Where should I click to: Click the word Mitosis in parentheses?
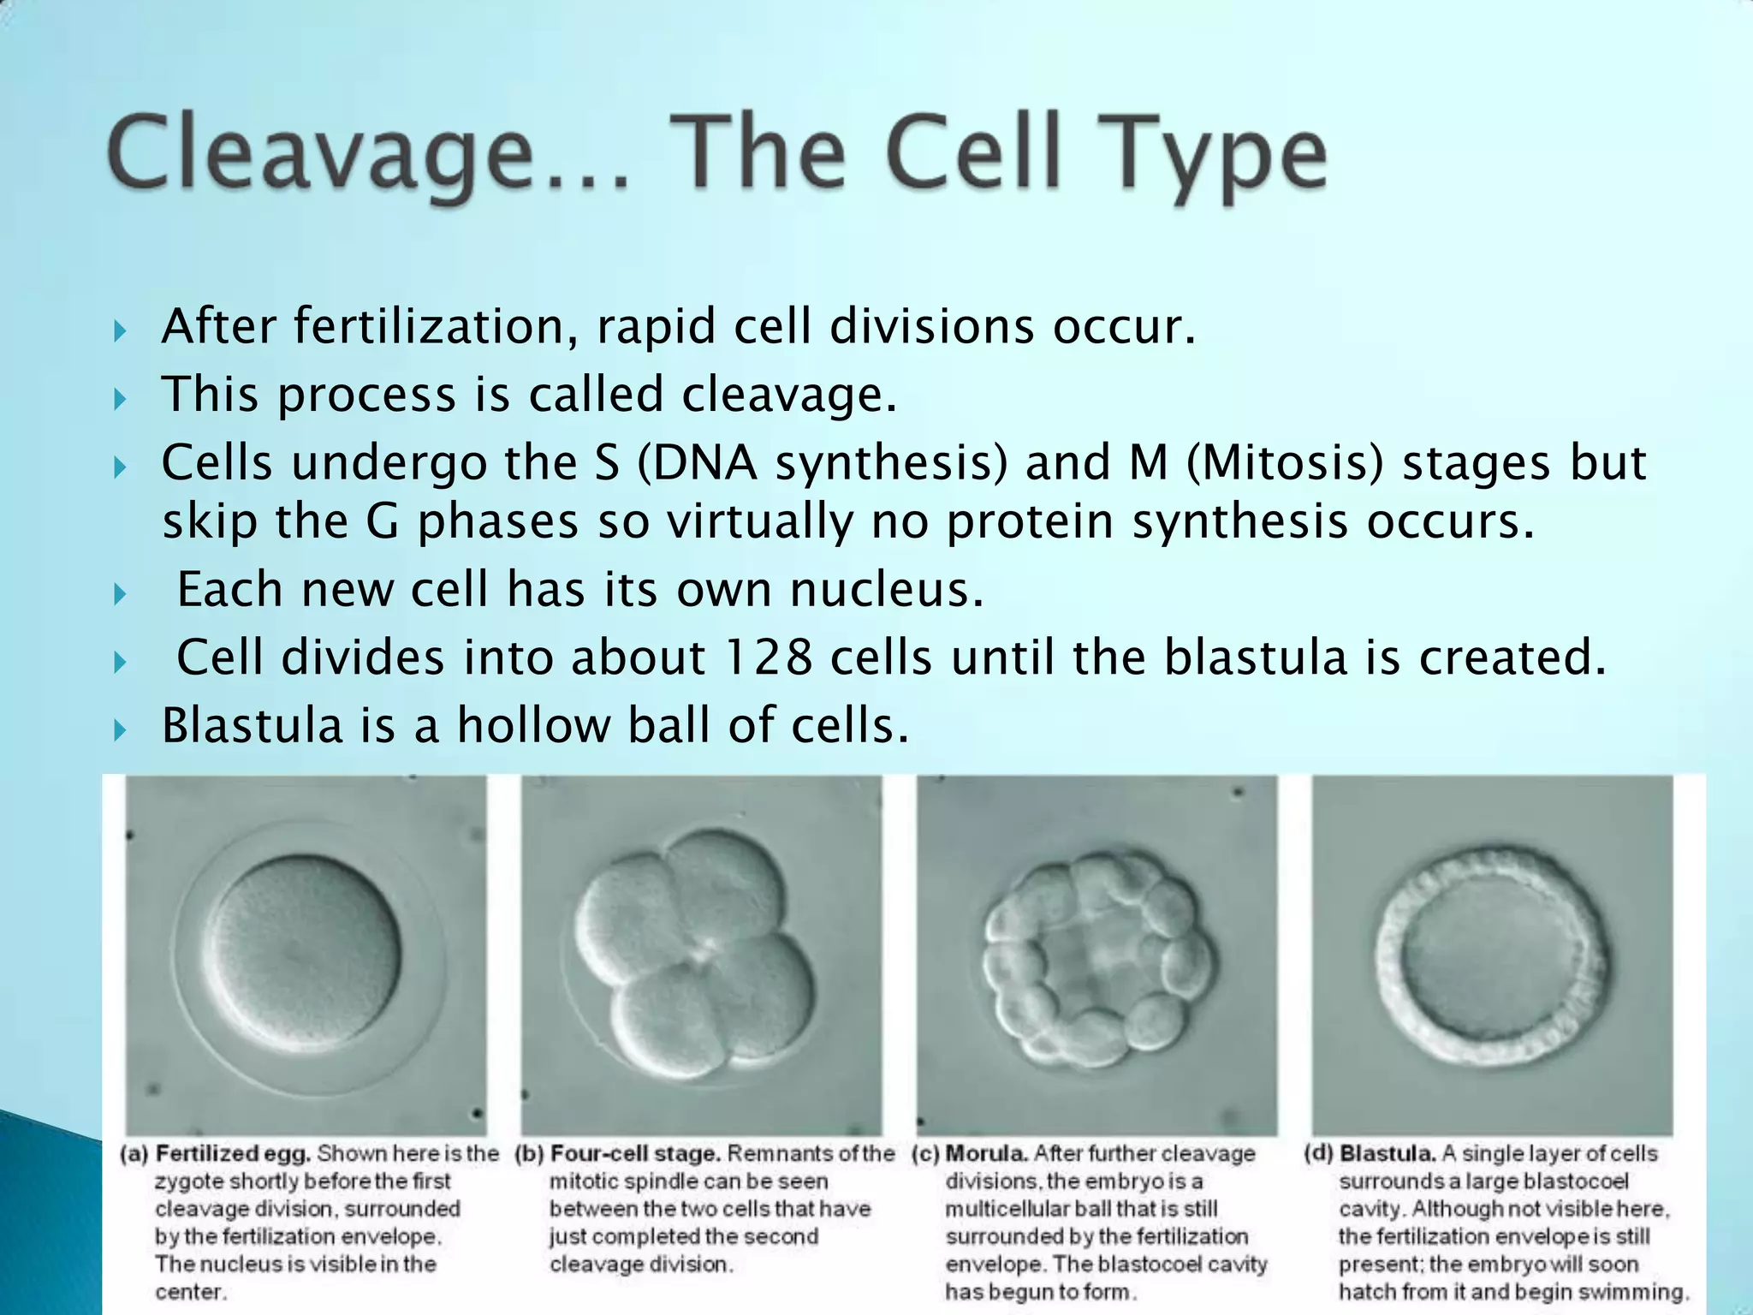point(1285,463)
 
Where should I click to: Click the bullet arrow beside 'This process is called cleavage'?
point(121,398)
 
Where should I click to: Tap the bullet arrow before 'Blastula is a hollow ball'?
point(121,729)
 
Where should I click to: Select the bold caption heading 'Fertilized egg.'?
point(233,1154)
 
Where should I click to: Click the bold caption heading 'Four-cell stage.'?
point(635,1154)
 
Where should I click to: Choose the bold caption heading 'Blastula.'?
point(1388,1154)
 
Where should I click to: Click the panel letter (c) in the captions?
point(925,1154)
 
